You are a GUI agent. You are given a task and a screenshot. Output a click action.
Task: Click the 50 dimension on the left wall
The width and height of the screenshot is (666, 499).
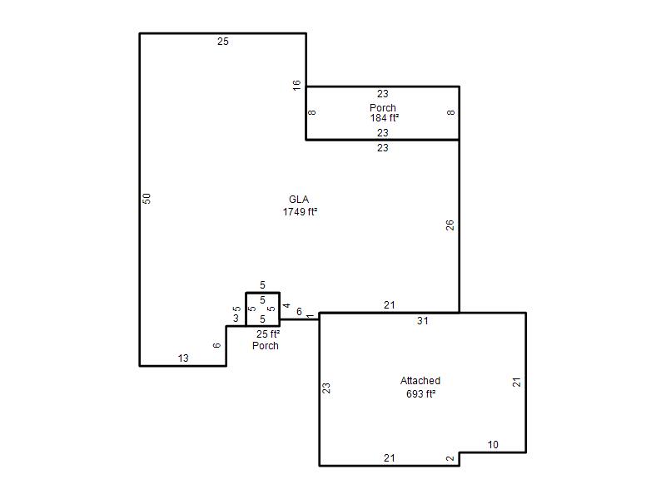(147, 199)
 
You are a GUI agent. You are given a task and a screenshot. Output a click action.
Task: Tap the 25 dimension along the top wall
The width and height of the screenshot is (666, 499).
(223, 42)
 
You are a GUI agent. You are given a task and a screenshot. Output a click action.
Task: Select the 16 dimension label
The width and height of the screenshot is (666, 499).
(297, 85)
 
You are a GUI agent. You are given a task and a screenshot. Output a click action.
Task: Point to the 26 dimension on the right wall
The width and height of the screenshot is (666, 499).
(450, 225)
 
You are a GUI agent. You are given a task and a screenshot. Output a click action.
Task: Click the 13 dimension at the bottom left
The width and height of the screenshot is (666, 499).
(183, 358)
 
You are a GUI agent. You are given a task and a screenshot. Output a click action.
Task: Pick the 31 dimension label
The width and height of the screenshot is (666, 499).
(423, 321)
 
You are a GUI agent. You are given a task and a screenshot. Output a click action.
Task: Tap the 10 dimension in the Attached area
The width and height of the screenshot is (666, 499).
(493, 445)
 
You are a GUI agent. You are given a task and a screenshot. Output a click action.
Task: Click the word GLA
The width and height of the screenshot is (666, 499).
(299, 200)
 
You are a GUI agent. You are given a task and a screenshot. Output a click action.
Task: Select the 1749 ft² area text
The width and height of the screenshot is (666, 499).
(301, 212)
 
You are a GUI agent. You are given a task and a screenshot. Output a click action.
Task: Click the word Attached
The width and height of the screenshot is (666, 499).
(420, 381)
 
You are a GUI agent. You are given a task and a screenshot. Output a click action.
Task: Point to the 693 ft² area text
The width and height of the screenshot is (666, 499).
(421, 393)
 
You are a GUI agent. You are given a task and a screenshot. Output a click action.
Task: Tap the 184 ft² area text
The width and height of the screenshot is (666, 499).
(385, 118)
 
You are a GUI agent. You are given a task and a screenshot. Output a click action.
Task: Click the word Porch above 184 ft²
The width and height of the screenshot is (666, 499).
(383, 108)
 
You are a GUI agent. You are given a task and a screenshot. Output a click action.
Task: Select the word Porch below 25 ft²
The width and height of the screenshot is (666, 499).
(266, 346)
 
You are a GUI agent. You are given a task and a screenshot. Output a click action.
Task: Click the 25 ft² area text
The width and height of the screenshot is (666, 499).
(268, 334)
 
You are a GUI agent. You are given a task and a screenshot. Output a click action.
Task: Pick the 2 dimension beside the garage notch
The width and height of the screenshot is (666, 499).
(450, 458)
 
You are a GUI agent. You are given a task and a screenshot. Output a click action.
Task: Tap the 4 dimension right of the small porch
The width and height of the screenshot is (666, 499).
(286, 305)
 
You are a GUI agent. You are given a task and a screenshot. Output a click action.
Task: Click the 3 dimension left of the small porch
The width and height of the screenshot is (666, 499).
(236, 319)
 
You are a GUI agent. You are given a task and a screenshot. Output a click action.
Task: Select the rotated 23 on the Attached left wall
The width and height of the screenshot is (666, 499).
(326, 388)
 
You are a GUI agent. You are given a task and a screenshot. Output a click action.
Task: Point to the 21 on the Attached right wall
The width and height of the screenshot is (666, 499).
(516, 383)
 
